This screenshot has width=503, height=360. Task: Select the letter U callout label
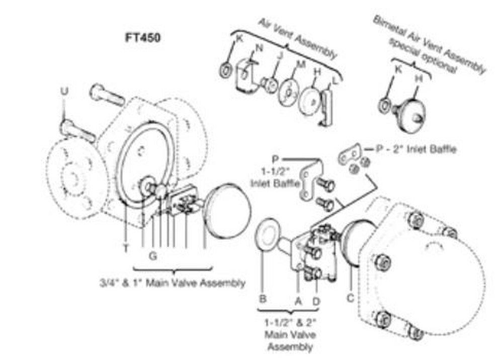click(64, 91)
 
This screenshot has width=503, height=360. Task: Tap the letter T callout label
click(126, 248)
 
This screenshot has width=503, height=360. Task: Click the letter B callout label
click(263, 299)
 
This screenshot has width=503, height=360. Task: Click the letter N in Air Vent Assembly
click(260, 49)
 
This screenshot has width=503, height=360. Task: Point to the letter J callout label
click(281, 57)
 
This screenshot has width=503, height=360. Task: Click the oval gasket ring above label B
click(267, 235)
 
